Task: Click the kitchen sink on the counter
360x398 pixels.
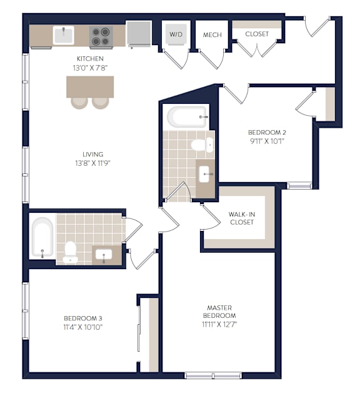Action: (63, 35)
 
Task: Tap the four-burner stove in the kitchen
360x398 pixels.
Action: (101, 36)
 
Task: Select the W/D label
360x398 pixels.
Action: (176, 34)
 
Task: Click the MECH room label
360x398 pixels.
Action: (212, 35)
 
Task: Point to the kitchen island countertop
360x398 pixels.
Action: (90, 87)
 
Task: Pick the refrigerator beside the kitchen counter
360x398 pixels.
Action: (139, 34)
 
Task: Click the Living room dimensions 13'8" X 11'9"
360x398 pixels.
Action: (92, 163)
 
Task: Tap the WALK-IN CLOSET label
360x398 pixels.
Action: (242, 218)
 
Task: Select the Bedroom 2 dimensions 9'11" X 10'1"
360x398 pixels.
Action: (267, 141)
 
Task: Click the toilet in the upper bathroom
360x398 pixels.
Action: (202, 145)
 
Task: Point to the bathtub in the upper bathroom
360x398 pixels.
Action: (187, 117)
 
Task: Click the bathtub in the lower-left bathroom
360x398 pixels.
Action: (42, 237)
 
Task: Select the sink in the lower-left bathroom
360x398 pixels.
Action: (104, 254)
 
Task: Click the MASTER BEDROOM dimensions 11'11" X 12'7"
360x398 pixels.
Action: (219, 324)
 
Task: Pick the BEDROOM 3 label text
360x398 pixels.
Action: (83, 318)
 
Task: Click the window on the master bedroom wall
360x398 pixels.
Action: (213, 375)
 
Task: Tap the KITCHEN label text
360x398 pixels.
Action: (90, 59)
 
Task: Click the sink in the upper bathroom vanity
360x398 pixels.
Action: (204, 174)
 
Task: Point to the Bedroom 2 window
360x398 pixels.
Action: (299, 186)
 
